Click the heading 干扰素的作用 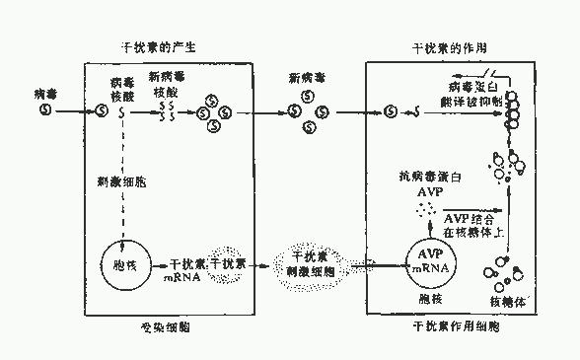point(449,46)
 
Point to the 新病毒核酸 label point(166,85)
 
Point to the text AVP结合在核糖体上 point(472,224)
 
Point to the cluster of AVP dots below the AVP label point(425,210)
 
